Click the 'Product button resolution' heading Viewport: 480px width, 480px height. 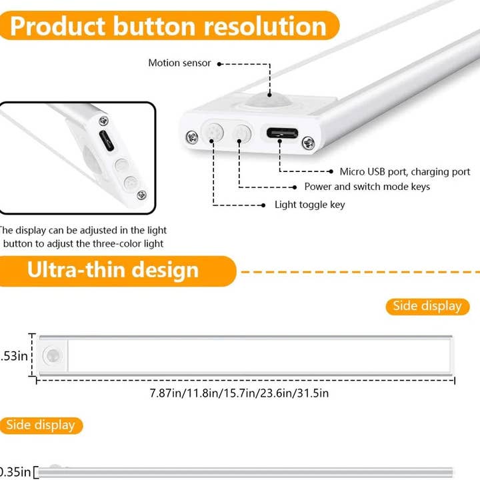click(169, 26)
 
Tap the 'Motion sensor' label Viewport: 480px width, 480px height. click(179, 63)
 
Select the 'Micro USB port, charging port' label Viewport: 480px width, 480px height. click(405, 172)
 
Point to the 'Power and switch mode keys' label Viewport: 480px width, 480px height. click(367, 187)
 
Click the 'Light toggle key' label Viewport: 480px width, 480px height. click(310, 205)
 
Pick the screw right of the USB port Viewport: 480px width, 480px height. click(308, 141)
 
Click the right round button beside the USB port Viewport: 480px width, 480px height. click(241, 133)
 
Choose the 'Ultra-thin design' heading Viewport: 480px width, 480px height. click(113, 270)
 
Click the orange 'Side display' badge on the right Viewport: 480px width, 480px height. click(427, 306)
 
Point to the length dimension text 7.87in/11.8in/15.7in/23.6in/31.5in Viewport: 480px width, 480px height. click(239, 393)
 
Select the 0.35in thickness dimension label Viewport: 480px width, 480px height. click(15, 473)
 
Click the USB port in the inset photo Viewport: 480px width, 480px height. click(105, 142)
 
